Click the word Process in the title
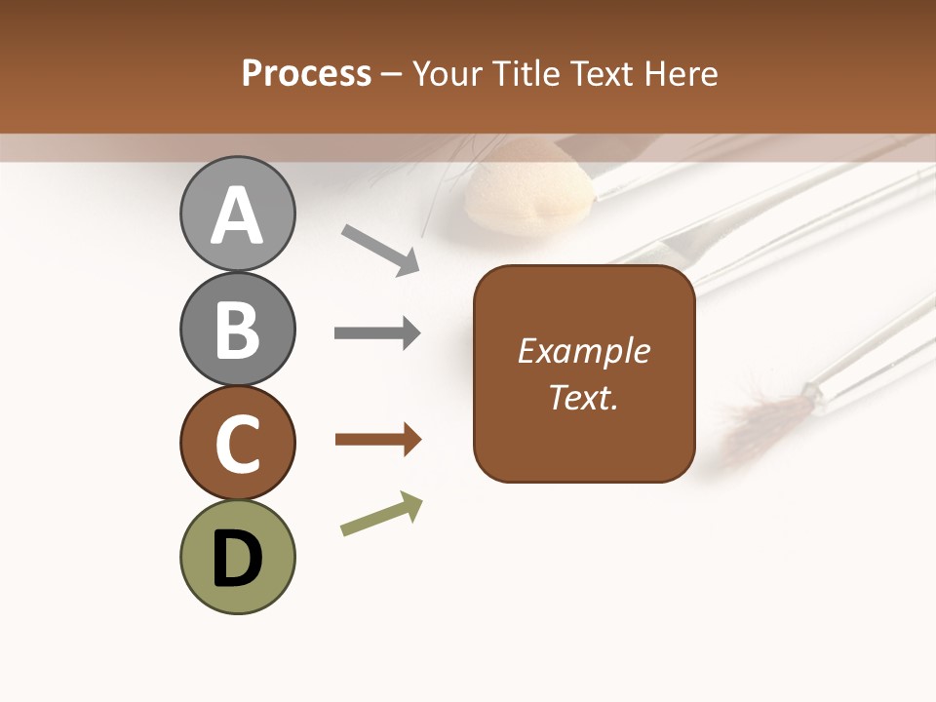tap(306, 74)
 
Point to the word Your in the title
tap(446, 74)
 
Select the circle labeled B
tap(238, 330)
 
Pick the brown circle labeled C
tap(238, 444)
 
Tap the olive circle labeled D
tap(238, 557)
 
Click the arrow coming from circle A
tap(380, 250)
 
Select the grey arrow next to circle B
tap(377, 333)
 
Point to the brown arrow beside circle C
tap(377, 440)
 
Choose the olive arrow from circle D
tap(381, 515)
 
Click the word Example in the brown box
tap(583, 351)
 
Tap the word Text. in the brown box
tap(583, 398)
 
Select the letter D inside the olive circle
tap(238, 560)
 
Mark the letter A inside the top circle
tap(238, 215)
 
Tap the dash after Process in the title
tap(392, 75)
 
